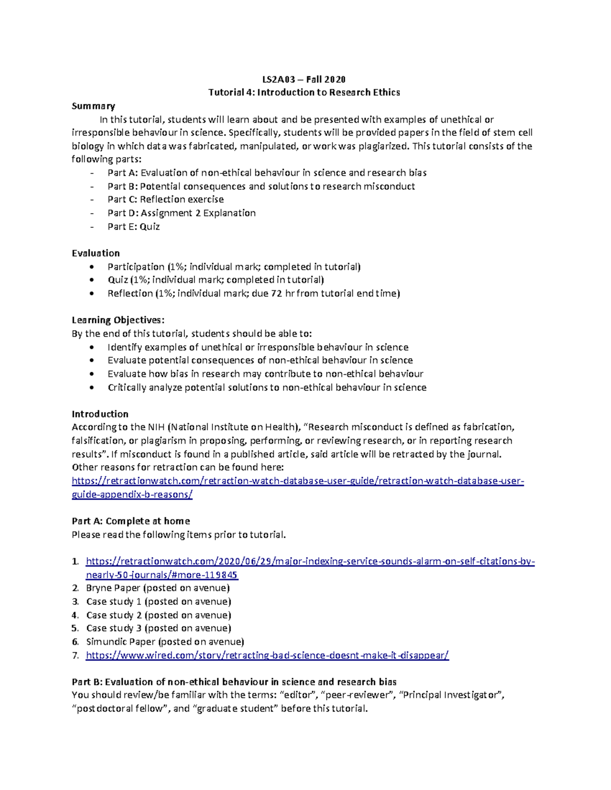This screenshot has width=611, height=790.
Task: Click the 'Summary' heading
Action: click(x=93, y=106)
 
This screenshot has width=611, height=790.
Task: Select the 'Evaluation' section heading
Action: click(x=96, y=253)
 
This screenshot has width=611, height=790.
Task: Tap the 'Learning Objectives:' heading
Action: click(x=118, y=320)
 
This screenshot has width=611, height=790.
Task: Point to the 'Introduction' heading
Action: click(x=100, y=414)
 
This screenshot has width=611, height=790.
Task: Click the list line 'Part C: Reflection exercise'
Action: click(x=165, y=199)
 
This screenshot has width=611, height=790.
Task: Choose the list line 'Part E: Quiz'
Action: click(x=133, y=226)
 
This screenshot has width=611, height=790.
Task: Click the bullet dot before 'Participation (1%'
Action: click(x=91, y=267)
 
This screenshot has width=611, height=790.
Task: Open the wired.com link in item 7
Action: click(x=267, y=655)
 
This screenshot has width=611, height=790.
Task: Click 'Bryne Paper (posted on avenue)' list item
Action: click(x=158, y=588)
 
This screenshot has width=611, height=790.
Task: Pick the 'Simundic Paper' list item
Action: click(x=165, y=641)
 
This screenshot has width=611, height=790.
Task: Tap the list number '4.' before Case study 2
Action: click(x=75, y=615)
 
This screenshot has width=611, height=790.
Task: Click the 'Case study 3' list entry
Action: click(x=158, y=628)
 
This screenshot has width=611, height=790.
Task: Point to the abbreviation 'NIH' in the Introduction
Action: click(x=156, y=427)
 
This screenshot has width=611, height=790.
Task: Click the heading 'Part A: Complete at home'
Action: click(x=131, y=521)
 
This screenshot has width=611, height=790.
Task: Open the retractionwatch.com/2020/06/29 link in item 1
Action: click(x=310, y=561)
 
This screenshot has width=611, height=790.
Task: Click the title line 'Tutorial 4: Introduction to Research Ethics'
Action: click(x=304, y=92)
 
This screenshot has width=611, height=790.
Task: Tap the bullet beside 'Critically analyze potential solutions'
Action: click(x=91, y=387)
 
